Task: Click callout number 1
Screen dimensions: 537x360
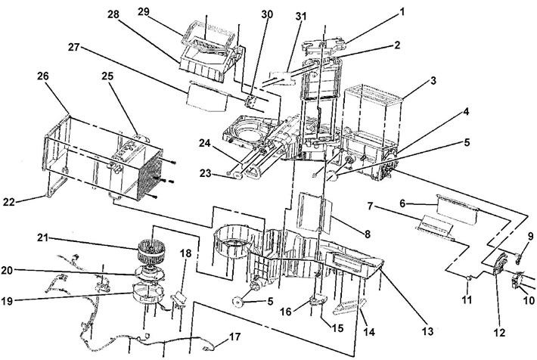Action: point(402,12)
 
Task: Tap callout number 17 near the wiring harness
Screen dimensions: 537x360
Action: point(235,337)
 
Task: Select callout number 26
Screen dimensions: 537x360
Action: point(43,76)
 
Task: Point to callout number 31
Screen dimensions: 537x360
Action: point(301,17)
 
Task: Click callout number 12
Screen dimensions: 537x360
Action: point(499,332)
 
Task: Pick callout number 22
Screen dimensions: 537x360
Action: point(9,202)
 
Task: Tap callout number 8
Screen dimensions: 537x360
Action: point(368,234)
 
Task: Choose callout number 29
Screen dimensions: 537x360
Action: point(144,11)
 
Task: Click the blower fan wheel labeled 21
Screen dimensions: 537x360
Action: point(151,251)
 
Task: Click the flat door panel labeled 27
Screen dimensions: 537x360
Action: point(207,97)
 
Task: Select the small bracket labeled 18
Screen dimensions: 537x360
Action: point(178,297)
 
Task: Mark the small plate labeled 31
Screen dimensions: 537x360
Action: point(283,78)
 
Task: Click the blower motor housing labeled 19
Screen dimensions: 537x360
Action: point(147,292)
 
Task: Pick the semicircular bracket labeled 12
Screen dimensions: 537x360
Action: point(500,265)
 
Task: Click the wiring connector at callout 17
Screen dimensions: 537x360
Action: point(206,349)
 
